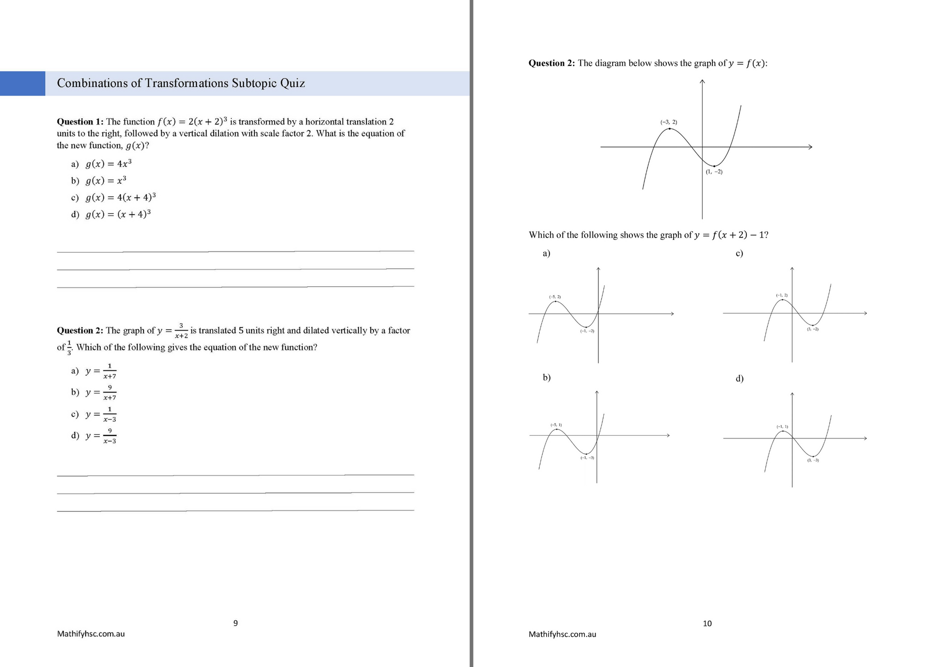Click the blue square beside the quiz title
tap(22, 83)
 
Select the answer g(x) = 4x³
tap(108, 164)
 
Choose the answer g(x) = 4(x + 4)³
tap(120, 197)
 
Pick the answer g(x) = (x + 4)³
tap(118, 214)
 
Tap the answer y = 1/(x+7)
tap(101, 371)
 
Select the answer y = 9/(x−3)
tap(101, 436)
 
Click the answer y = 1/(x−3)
tap(101, 414)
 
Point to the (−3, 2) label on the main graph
tap(669, 122)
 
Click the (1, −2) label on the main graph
tap(714, 172)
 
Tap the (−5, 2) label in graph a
tap(555, 297)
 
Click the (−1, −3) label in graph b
tap(587, 458)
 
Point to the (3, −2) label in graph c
tap(813, 329)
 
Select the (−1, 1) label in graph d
tap(782, 427)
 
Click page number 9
tap(236, 623)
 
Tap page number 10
tap(707, 623)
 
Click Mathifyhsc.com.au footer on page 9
tap(91, 634)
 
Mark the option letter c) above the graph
tap(739, 254)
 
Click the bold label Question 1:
tap(80, 122)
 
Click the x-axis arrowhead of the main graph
tap(810, 147)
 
